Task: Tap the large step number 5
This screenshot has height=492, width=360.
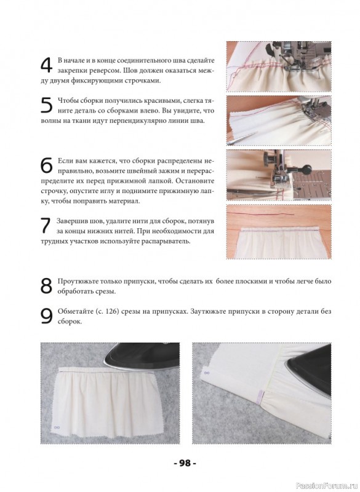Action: tap(47, 105)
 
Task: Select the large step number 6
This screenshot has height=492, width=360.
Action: tap(47, 165)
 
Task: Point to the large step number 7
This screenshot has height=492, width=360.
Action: tap(46, 225)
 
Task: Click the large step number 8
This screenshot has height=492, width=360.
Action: tap(46, 285)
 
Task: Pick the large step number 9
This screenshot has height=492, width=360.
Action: tap(47, 316)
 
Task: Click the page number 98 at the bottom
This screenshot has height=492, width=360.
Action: tap(185, 463)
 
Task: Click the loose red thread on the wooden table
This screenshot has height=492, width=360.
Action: tap(260, 213)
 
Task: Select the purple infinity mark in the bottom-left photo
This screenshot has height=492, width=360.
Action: tap(57, 427)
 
